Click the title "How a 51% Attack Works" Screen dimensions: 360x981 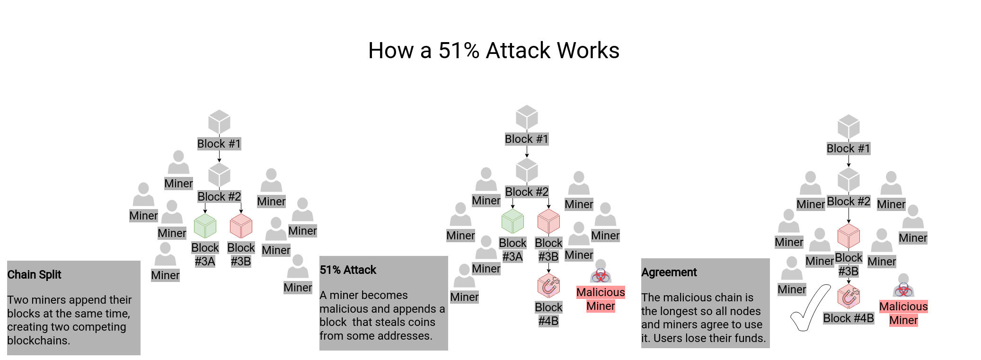494,51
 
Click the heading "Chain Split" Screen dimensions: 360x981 34,275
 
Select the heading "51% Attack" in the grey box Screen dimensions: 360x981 348,270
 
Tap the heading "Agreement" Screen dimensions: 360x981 669,272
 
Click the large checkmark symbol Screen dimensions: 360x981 810,308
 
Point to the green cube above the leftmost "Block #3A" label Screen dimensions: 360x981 205,226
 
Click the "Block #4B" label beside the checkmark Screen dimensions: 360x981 848,318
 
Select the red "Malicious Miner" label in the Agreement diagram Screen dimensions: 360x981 903,313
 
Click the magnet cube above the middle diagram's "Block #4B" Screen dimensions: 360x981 548,286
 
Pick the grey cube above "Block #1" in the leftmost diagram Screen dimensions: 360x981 219,122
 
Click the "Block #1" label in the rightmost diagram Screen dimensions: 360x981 848,149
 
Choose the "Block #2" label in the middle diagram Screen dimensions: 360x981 527,192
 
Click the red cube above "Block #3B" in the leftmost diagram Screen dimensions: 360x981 241,226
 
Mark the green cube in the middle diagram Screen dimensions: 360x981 513,221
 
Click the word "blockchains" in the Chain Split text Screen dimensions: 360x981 38,341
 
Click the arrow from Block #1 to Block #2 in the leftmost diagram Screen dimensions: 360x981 219,157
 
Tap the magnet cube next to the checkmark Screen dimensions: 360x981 848,297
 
